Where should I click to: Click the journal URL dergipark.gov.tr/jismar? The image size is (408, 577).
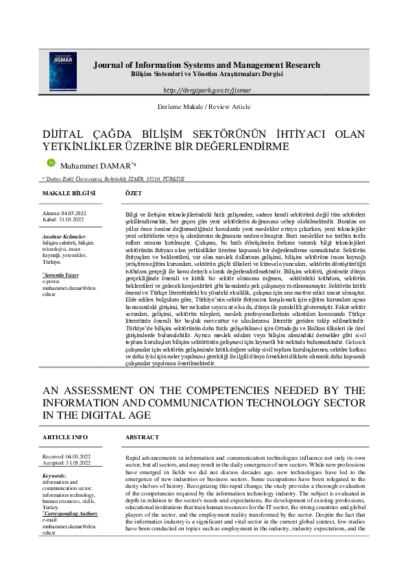pyautogui.click(x=206, y=90)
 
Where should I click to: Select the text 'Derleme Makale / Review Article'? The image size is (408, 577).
pyautogui.click(x=204, y=108)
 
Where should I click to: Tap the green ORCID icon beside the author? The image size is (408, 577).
pyautogui.click(x=50, y=162)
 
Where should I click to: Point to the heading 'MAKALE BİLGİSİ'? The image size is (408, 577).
pyautogui.click(x=68, y=194)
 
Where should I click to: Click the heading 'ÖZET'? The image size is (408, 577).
pyautogui.click(x=134, y=194)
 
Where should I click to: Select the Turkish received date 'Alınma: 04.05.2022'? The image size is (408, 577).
pyautogui.click(x=62, y=214)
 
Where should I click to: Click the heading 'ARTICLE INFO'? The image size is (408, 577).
pyautogui.click(x=65, y=436)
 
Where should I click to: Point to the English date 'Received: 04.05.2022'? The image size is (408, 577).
pyautogui.click(x=66, y=456)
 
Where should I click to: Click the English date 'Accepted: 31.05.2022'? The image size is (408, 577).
pyautogui.click(x=66, y=462)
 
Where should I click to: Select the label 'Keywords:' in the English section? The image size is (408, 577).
pyautogui.click(x=54, y=476)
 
